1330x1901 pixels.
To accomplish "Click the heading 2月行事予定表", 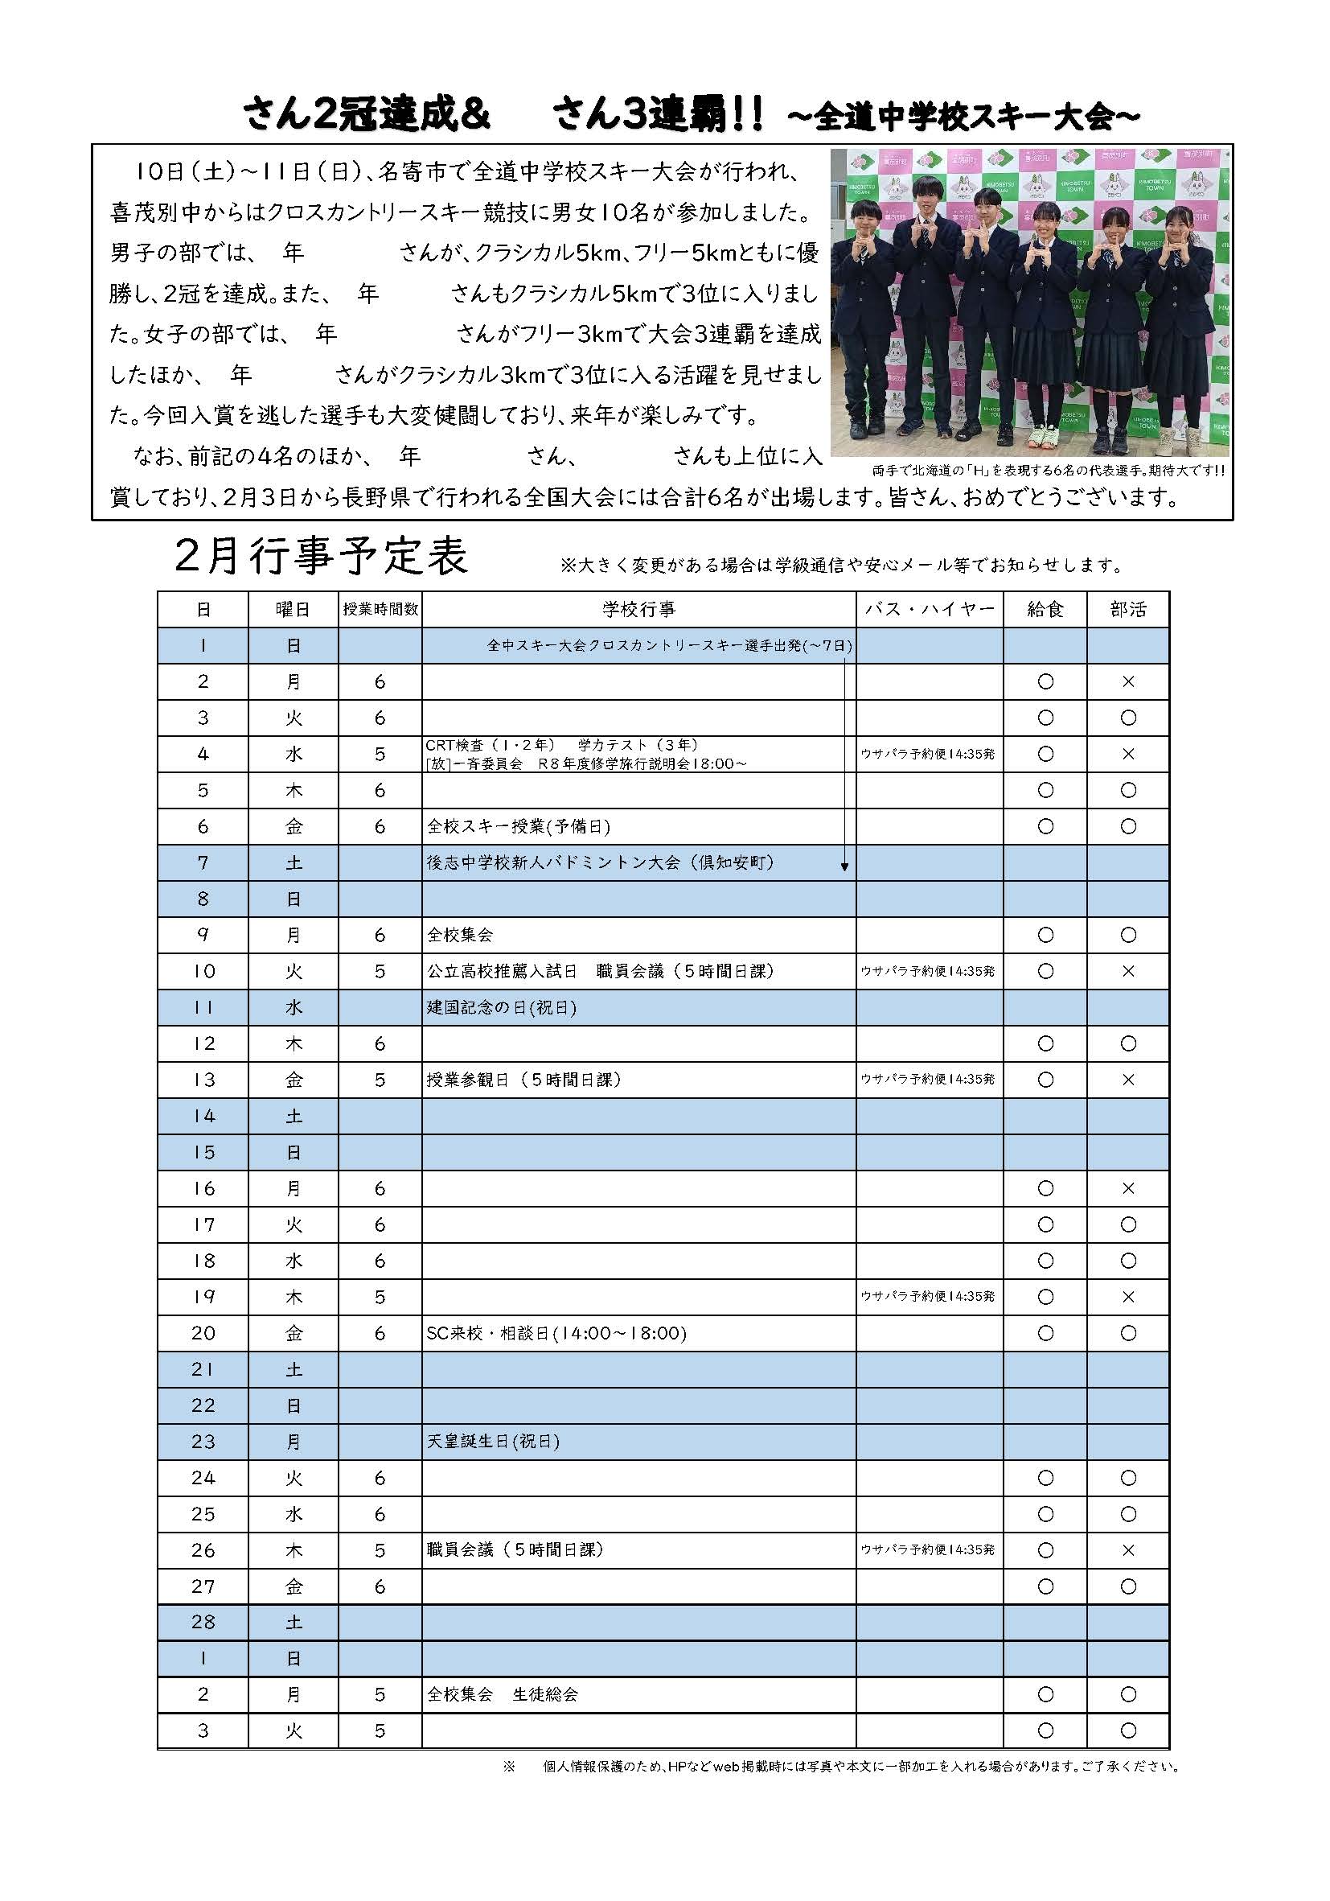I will (321, 557).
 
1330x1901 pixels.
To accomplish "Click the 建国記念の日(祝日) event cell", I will (502, 1008).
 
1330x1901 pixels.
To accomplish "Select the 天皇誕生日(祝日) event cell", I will (493, 1442).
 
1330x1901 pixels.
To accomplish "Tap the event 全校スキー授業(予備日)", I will (519, 826).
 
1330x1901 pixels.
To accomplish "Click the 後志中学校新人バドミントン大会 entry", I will (600, 862).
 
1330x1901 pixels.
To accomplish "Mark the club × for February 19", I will (1127, 1297).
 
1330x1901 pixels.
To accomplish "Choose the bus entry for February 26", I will (928, 1550).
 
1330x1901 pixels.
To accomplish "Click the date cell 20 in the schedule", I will (203, 1333).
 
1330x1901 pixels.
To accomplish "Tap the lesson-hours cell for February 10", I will (380, 971).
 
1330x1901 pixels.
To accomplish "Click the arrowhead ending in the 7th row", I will (844, 867).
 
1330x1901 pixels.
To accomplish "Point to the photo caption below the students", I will (1048, 471).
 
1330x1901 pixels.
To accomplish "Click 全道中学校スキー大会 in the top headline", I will (963, 117).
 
